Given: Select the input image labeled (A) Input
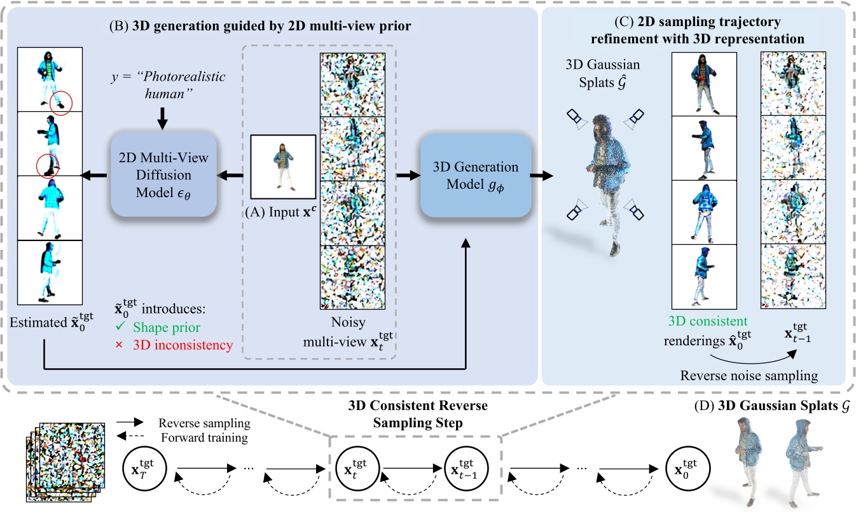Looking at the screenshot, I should (x=283, y=167).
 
